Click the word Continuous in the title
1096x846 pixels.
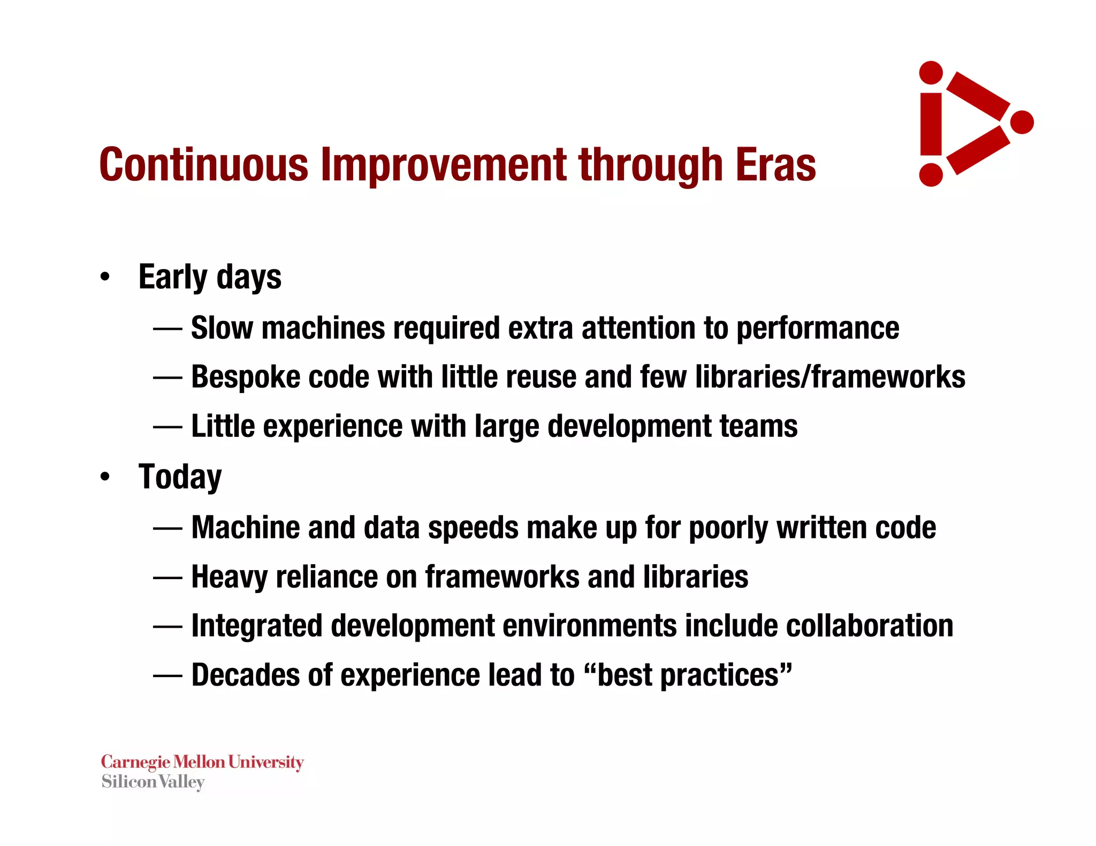tap(204, 164)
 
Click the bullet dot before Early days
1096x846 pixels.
tap(105, 277)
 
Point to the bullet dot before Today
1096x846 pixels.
tap(105, 476)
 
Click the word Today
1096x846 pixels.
tap(180, 476)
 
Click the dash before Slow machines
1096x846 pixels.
tap(168, 328)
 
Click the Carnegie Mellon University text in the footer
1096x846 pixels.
tap(202, 762)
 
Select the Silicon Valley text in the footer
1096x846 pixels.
tap(153, 782)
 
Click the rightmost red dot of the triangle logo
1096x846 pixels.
tap(1022, 122)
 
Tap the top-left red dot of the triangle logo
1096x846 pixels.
tap(931, 73)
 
